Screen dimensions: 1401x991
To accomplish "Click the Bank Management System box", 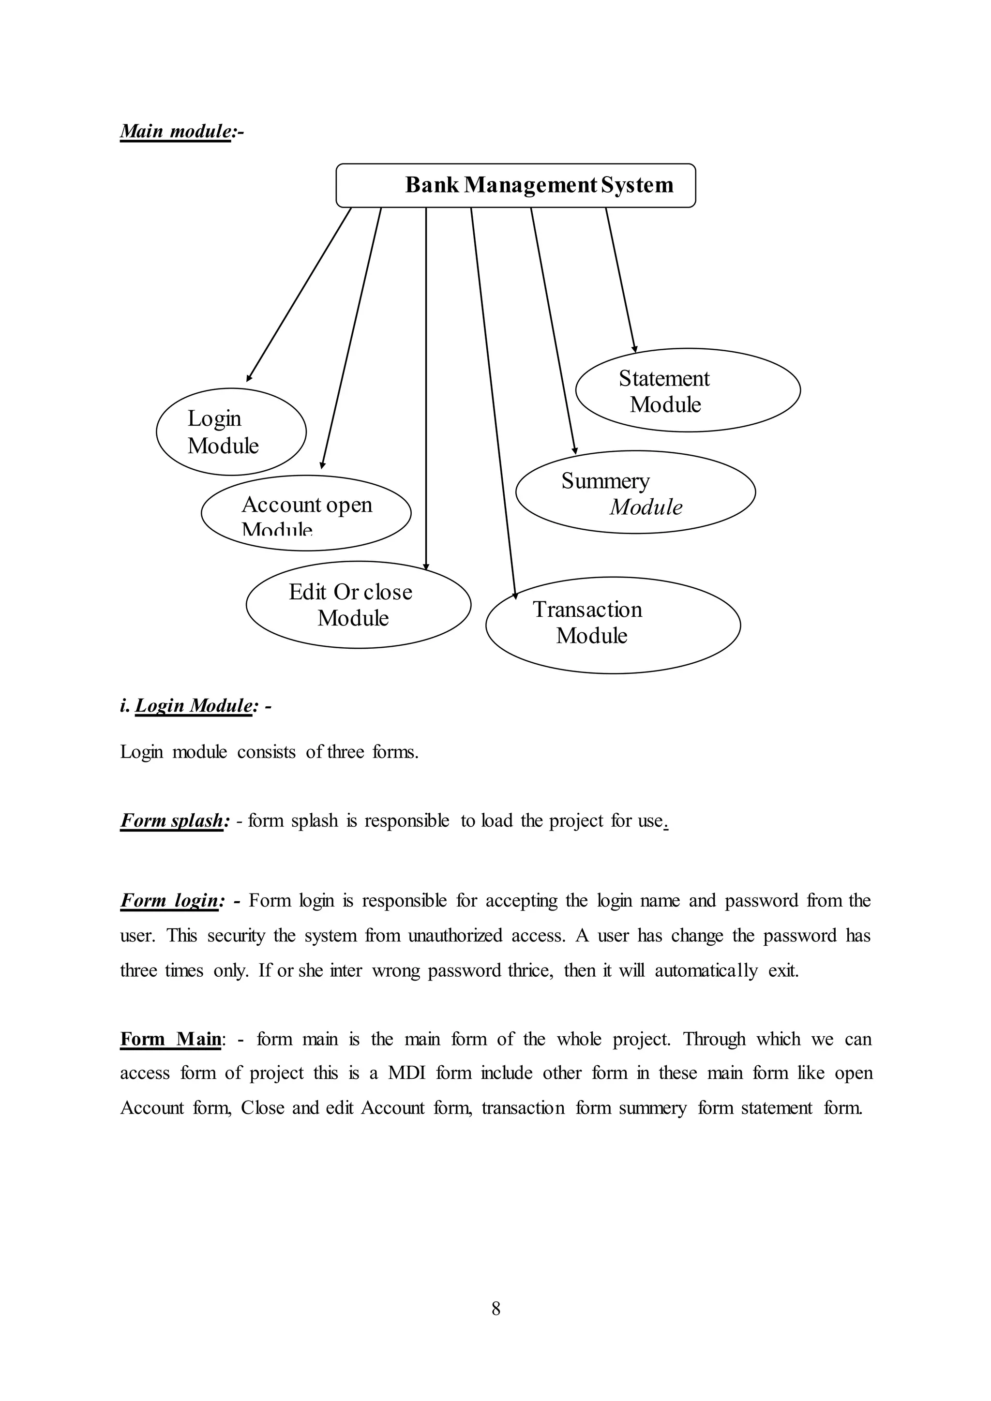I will (x=516, y=185).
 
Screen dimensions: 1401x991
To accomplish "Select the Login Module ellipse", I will (x=231, y=432).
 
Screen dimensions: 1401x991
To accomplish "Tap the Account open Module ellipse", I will (x=306, y=513).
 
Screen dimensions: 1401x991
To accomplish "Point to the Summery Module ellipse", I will (x=635, y=492).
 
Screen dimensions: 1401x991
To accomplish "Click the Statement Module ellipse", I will (x=688, y=390).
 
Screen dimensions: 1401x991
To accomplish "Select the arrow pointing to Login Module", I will (x=299, y=294).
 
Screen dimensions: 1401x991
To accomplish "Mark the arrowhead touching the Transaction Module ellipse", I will (x=515, y=594).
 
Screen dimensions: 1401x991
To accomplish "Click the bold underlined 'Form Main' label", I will (x=171, y=1039).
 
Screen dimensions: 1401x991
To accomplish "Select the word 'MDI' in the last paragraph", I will (x=406, y=1073).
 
